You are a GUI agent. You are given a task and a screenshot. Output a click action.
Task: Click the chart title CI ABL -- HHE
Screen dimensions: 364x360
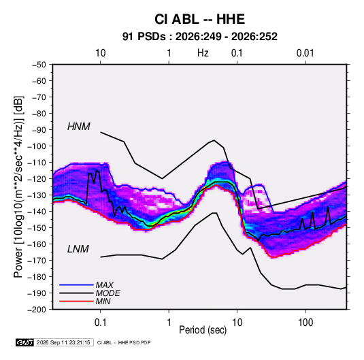point(199,19)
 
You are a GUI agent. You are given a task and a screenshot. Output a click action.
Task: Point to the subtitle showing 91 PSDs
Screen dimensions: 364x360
point(199,37)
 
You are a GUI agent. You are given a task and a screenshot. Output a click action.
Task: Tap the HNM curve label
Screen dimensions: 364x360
point(79,127)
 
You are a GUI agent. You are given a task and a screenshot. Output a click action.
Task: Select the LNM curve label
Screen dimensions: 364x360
point(78,249)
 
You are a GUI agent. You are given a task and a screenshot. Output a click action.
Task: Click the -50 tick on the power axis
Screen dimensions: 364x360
point(39,65)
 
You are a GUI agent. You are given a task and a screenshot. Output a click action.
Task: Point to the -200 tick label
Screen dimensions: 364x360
point(37,310)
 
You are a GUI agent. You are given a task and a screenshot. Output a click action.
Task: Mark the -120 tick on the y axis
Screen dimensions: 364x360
point(37,179)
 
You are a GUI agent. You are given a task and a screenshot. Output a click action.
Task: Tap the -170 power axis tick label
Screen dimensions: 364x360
point(37,261)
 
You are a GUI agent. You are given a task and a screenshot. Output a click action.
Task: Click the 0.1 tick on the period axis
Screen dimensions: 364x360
point(100,323)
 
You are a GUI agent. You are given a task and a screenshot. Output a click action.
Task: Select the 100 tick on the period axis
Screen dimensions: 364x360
point(305,323)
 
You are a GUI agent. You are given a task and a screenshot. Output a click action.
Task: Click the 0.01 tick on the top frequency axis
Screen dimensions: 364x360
point(305,53)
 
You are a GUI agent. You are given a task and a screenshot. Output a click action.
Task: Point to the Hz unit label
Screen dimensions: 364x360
point(203,53)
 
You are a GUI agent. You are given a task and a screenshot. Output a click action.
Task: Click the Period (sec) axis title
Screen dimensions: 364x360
point(203,330)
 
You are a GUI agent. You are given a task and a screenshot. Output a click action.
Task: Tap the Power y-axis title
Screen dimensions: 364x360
point(18,187)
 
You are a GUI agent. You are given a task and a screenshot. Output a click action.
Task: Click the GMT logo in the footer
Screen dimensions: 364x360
point(24,342)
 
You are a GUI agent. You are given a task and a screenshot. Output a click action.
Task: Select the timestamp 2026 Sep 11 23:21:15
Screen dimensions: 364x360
point(63,342)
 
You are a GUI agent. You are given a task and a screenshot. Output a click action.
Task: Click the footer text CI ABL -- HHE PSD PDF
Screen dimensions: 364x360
point(124,342)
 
